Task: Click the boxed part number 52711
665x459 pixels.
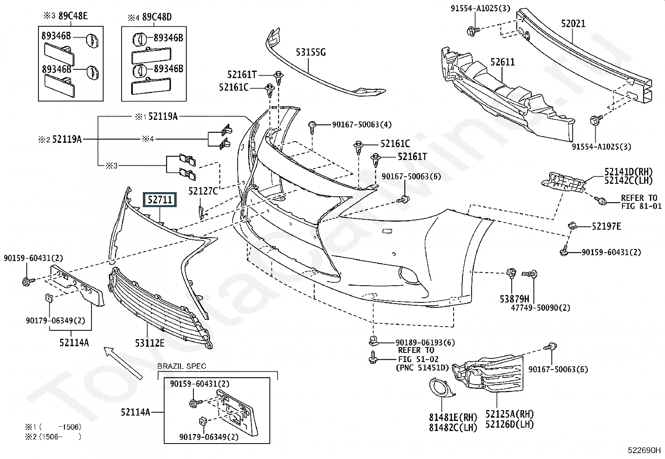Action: pyautogui.click(x=160, y=200)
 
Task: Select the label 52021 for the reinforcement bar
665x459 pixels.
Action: pyautogui.click(x=573, y=24)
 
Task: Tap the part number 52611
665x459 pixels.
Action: pyautogui.click(x=503, y=62)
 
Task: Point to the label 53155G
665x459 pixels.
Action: pyautogui.click(x=311, y=53)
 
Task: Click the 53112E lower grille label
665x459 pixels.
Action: pyautogui.click(x=150, y=343)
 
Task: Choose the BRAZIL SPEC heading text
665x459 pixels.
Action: pyautogui.click(x=182, y=367)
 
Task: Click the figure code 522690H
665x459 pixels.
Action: pyautogui.click(x=644, y=450)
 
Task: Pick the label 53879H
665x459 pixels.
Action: pyautogui.click(x=515, y=299)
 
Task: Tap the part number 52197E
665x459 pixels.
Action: pyautogui.click(x=606, y=226)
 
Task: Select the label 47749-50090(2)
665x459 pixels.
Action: pyautogui.click(x=541, y=308)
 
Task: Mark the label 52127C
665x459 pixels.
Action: pyautogui.click(x=203, y=191)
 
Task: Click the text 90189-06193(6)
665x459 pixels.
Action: pyautogui.click(x=425, y=342)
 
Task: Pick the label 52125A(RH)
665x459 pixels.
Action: pyautogui.click(x=510, y=414)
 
